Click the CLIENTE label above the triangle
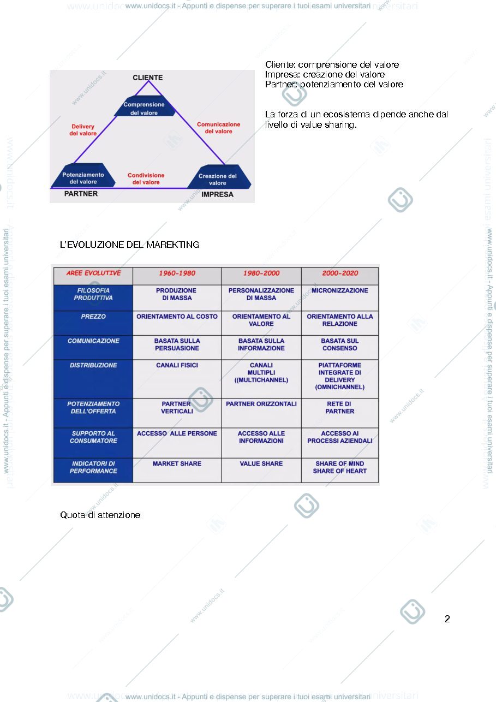[147, 78]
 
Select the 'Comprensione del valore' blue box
[144, 106]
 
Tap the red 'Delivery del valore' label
[83, 130]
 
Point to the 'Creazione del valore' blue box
[219, 176]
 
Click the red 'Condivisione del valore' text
[146, 179]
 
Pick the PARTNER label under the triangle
[81, 194]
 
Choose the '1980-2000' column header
[261, 273]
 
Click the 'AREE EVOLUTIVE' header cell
[93, 273]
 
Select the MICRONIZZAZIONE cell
[340, 298]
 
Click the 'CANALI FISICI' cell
[177, 379]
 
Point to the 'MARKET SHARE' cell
[177, 470]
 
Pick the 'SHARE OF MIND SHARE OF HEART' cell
[340, 470]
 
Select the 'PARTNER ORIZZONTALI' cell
[261, 413]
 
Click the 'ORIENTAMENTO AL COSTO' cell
[177, 323]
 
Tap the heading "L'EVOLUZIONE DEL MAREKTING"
[129, 245]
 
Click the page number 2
[447, 618]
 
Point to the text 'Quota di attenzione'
[100, 515]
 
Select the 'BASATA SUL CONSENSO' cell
[340, 348]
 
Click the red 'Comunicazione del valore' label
[218, 128]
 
